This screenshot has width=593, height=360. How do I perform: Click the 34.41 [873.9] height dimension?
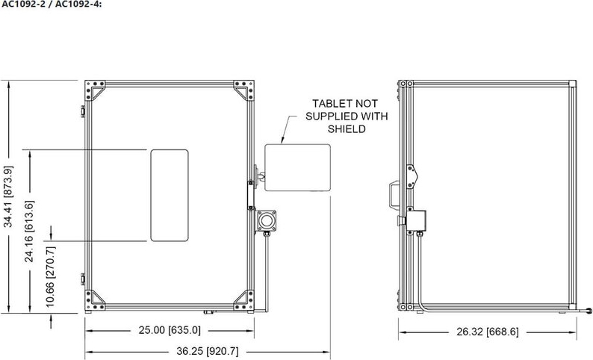8,196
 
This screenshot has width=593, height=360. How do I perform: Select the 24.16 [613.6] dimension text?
29,232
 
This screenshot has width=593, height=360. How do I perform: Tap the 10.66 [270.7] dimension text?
51,277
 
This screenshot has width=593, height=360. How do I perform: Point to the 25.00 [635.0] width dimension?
170,330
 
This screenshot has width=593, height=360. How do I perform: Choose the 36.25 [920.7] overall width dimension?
208,351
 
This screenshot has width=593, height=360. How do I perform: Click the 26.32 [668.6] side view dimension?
488,332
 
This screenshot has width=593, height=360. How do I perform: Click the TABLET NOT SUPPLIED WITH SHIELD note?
347,116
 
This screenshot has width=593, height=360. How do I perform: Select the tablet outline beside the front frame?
297,167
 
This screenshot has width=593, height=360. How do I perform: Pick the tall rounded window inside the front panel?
170,195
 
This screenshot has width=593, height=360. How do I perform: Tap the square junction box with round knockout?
266,221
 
